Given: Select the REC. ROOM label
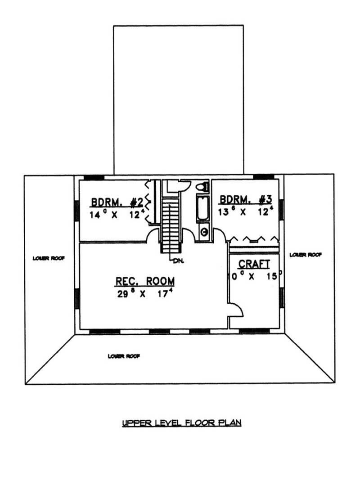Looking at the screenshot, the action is point(145,282).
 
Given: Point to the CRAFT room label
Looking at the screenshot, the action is point(254,264).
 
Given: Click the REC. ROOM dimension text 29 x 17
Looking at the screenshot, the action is point(144,294).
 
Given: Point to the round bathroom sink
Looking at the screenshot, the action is point(203,231).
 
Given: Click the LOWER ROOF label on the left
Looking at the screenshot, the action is point(49,258).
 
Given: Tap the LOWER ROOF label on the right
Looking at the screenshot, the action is point(306,255).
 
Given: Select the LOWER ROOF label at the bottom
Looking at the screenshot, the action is point(124,356).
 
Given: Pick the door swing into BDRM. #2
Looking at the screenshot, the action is point(153,235).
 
